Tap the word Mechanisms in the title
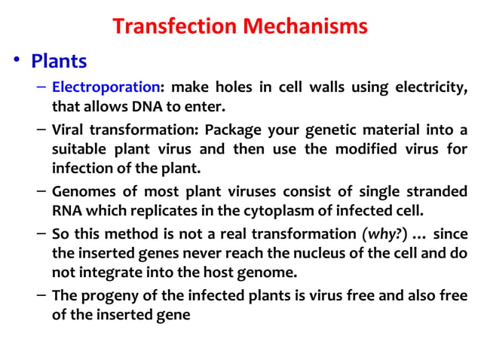pos(308,26)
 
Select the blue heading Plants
pos(60,60)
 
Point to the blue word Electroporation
pos(104,87)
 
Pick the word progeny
pos(109,295)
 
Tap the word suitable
pos(80,148)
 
